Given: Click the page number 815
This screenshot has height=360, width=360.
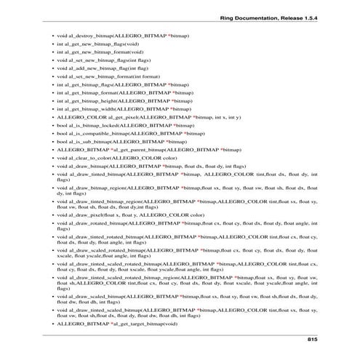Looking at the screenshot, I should click(x=312, y=340).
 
